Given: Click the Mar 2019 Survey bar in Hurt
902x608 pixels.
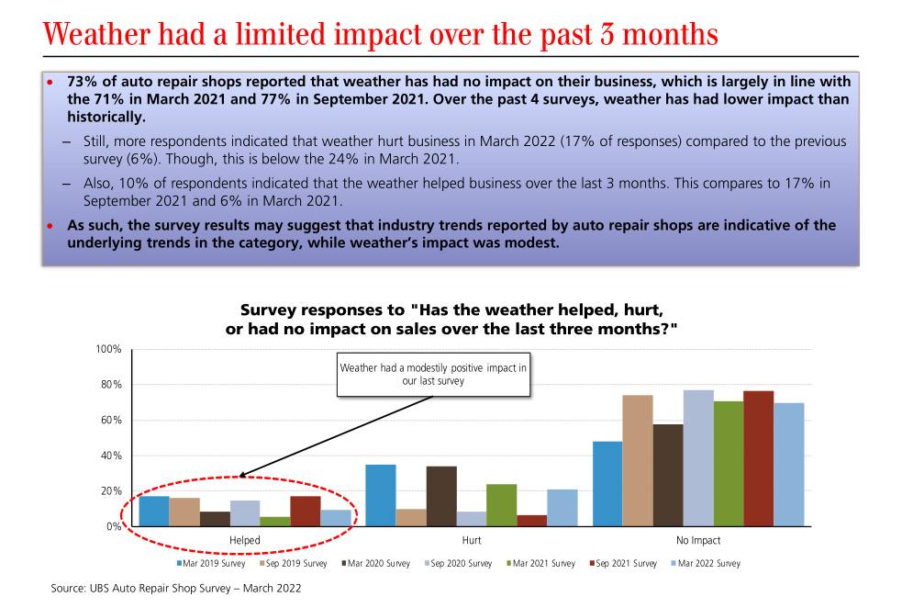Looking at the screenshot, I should (381, 495).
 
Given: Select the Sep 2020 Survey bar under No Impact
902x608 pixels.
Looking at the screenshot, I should (698, 458).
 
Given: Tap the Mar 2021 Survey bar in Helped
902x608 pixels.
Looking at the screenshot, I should (275, 521).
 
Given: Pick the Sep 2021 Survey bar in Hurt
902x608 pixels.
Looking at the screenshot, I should (532, 520).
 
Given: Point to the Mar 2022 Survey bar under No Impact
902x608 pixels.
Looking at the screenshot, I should (789, 465).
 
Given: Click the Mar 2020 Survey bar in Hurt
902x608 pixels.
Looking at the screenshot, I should (441, 496).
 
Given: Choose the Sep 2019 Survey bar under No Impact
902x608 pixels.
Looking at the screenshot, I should (638, 460).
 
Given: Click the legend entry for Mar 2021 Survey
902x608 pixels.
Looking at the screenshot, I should (542, 564).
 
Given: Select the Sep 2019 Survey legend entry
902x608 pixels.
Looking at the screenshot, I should (295, 564).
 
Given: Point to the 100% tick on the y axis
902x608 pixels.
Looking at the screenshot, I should (108, 350).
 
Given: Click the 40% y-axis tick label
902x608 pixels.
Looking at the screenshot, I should (111, 456).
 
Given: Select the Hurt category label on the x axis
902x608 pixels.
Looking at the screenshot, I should (472, 541).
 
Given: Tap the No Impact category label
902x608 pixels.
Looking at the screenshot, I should (698, 541).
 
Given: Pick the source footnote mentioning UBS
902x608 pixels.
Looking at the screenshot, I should (175, 588).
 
